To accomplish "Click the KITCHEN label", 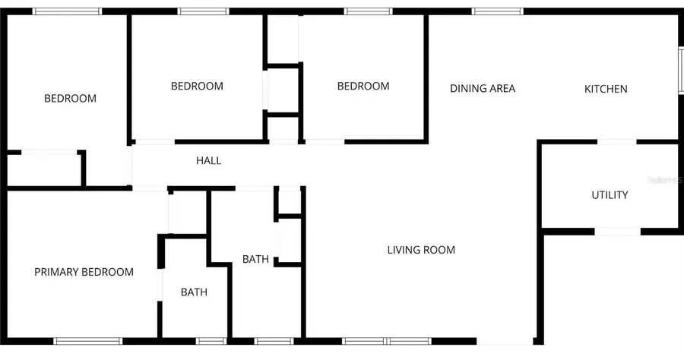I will pos(606,89).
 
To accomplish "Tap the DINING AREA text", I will pos(483,89).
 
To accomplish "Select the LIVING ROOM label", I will pos(421,250).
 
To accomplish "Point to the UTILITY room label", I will pos(610,195).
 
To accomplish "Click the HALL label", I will pos(209,161).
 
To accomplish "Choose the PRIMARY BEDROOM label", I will pos(84,272).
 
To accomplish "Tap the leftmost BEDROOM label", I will pos(70,99).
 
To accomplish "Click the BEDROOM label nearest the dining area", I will pos(363,87).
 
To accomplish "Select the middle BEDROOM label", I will pos(197,87).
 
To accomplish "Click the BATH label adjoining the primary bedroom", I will pos(194,292).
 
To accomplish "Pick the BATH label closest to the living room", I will pos(255,260).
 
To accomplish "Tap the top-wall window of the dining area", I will pos(497,11).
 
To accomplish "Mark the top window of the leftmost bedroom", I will pos(67,11).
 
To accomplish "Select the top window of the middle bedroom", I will pos(203,11).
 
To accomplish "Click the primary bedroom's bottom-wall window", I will pos(88,340).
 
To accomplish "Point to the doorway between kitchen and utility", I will pos(617,141).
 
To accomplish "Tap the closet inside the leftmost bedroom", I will pos(44,169).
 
